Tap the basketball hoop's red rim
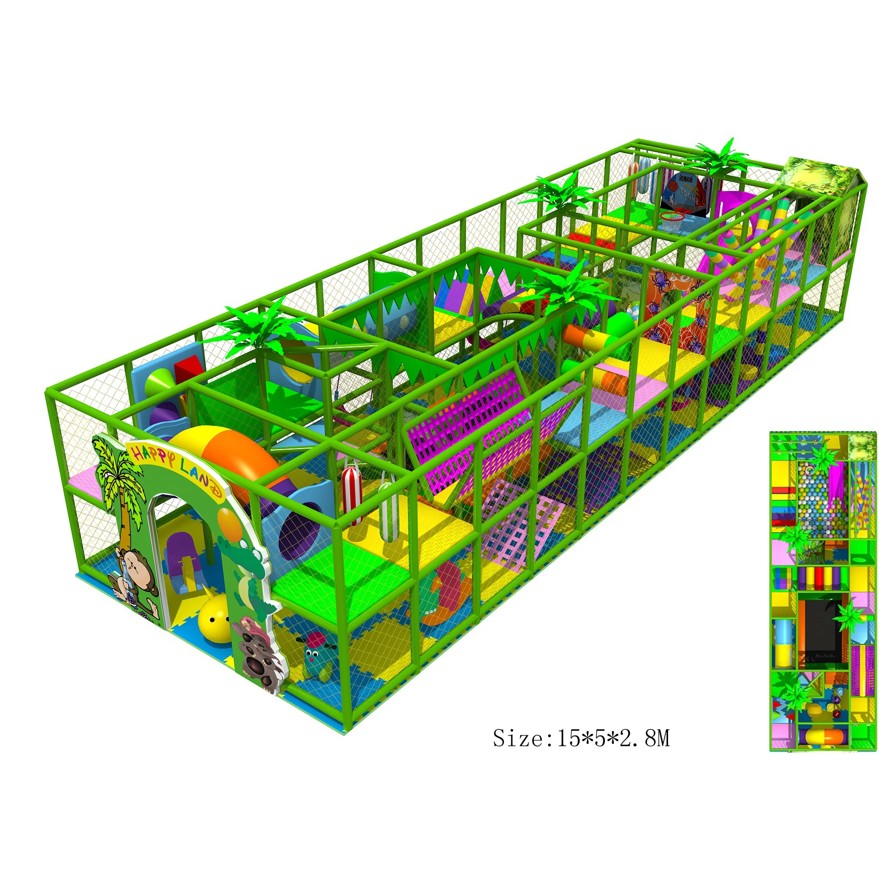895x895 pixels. pos(672,215)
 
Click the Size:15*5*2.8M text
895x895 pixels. pos(581,738)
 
